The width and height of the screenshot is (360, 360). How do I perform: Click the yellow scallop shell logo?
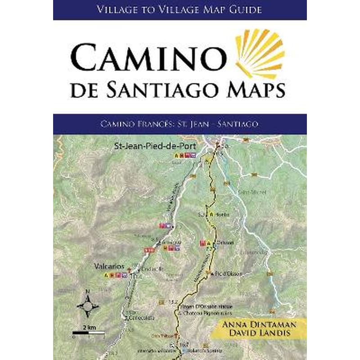(x=261, y=54)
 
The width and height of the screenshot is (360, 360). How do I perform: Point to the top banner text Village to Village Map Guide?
(x=180, y=9)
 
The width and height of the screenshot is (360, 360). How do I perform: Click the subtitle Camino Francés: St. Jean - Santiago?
(x=180, y=124)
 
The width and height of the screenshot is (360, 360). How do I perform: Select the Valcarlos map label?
(x=106, y=266)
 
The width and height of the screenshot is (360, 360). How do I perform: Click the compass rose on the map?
(x=88, y=305)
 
